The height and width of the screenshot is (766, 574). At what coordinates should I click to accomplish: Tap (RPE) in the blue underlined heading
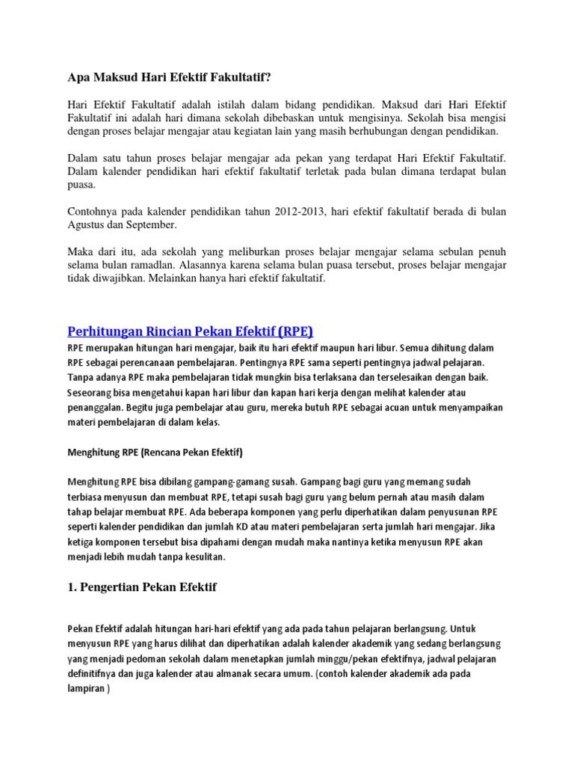(294, 331)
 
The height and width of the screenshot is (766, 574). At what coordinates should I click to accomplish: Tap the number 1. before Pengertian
(72, 587)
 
